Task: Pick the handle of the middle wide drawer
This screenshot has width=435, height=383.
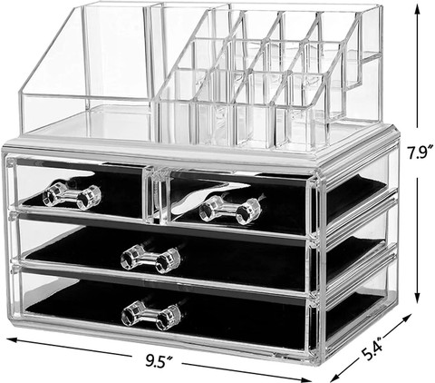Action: tap(150, 260)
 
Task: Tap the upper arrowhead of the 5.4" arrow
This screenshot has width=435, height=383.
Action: tap(406, 315)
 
